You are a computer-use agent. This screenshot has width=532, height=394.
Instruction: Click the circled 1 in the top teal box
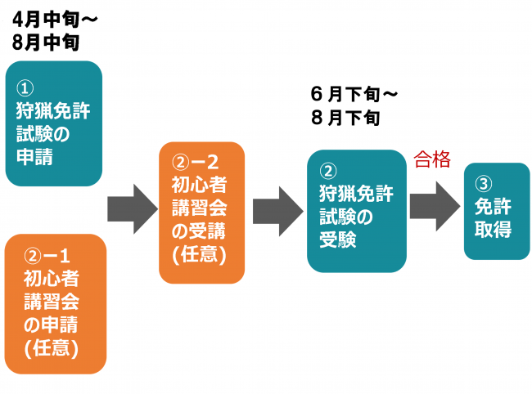pyautogui.click(x=25, y=88)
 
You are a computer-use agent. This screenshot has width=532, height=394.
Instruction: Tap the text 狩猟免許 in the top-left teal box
pyautogui.click(x=52, y=111)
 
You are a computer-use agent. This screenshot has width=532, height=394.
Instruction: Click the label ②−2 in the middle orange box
pyautogui.click(x=198, y=162)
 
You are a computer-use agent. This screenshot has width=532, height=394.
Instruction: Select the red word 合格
pyautogui.click(x=432, y=159)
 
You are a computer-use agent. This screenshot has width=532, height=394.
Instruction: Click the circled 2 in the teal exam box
pyautogui.click(x=329, y=172)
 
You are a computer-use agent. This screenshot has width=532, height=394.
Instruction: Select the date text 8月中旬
pyautogui.click(x=44, y=40)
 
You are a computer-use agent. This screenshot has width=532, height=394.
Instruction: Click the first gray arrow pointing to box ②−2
pyautogui.click(x=131, y=209)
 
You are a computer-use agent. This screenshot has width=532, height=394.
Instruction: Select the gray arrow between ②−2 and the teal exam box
pyautogui.click(x=277, y=210)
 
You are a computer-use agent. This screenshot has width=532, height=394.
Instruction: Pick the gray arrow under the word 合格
pyautogui.click(x=434, y=205)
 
